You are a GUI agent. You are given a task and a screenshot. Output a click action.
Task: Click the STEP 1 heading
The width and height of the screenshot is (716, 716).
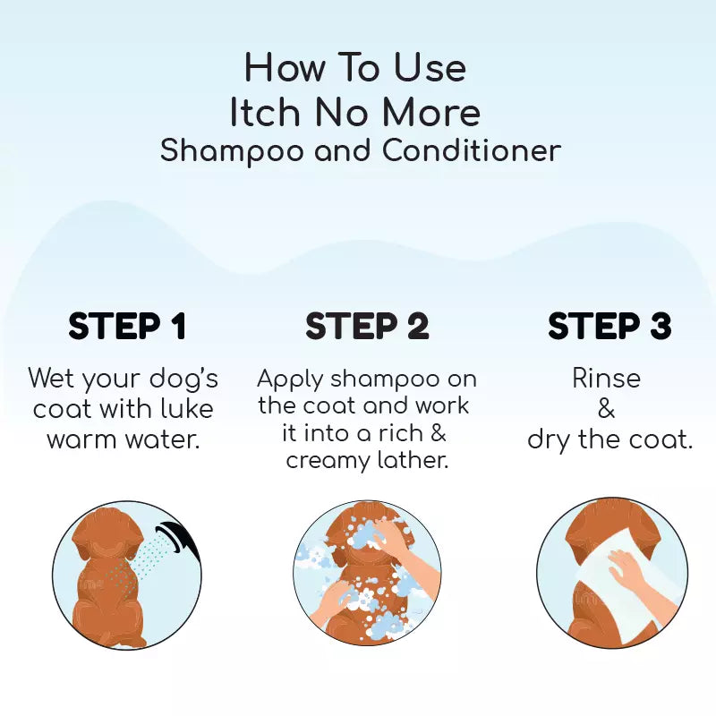[x=127, y=326]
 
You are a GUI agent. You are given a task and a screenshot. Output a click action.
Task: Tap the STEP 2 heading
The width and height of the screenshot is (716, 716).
[x=367, y=326]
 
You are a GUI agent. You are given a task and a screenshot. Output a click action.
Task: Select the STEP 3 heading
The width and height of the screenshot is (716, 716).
[x=609, y=326]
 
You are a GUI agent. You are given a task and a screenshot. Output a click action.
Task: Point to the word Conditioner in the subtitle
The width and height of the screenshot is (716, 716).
[x=472, y=150]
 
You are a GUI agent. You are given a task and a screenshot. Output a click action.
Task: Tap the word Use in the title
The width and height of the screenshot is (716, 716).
[x=430, y=67]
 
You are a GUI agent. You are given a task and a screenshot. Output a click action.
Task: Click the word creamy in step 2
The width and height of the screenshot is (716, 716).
[x=328, y=461]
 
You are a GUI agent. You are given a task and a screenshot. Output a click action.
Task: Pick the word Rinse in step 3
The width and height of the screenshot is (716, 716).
[x=607, y=378]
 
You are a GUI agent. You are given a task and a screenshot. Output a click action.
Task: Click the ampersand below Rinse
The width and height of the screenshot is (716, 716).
[x=606, y=408]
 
